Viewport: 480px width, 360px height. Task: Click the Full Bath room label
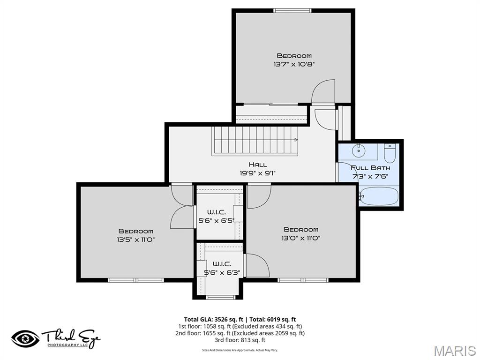pyautogui.click(x=370, y=167)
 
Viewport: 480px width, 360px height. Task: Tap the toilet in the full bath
pyautogui.click(x=390, y=153)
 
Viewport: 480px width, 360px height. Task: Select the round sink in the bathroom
pyautogui.click(x=359, y=151)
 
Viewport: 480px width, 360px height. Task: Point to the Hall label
pyautogui.click(x=257, y=165)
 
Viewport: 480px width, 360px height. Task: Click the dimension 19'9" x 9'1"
pyautogui.click(x=257, y=173)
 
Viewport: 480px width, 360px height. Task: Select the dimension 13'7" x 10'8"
pyautogui.click(x=294, y=64)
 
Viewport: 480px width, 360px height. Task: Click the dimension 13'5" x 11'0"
pyautogui.click(x=135, y=240)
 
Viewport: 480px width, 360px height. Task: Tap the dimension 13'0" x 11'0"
pyautogui.click(x=300, y=238)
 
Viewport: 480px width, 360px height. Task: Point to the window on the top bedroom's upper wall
pyautogui.click(x=292, y=10)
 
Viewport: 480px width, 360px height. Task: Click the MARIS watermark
pyautogui.click(x=454, y=350)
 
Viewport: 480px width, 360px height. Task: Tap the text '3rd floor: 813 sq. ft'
pyautogui.click(x=240, y=340)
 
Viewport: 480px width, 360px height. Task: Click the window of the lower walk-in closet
pyautogui.click(x=220, y=297)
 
